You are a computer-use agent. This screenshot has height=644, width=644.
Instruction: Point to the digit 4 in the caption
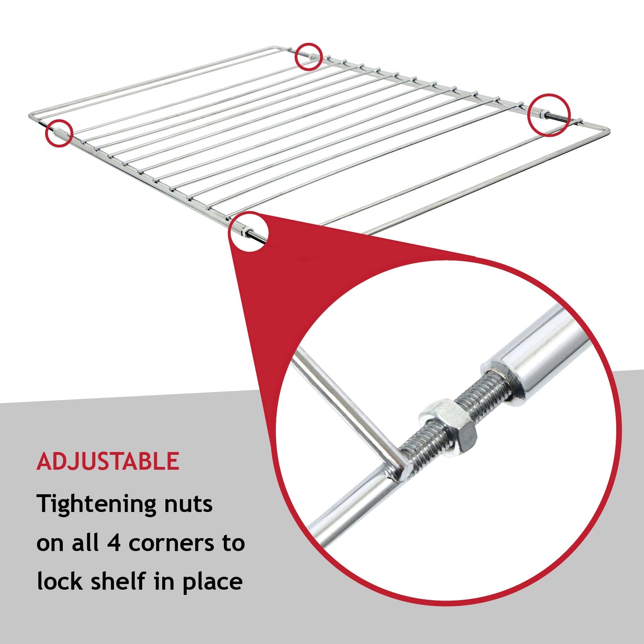pyautogui.click(x=114, y=543)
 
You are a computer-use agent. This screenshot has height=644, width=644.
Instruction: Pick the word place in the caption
pyautogui.click(x=213, y=583)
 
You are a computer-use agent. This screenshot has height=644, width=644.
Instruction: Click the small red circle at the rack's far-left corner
pyautogui.click(x=59, y=132)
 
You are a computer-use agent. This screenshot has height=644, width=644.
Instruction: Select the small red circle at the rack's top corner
pyautogui.click(x=309, y=56)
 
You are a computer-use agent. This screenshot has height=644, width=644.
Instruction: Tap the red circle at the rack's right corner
pyautogui.click(x=549, y=115)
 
